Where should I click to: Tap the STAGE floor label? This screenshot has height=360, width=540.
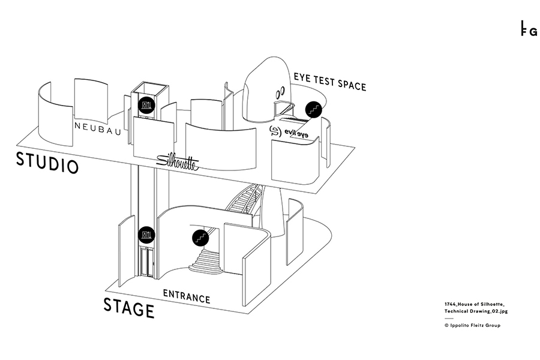coord(128,307)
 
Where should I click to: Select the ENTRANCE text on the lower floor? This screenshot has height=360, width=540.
coord(187,296)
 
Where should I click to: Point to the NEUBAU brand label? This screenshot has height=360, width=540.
coord(95,126)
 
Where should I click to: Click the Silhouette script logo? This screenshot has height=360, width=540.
coord(177,161)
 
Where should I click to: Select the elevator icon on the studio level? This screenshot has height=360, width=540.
coord(146,106)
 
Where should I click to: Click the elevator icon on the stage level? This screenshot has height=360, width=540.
coord(146,235)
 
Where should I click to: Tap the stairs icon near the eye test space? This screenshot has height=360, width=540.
coord(313,109)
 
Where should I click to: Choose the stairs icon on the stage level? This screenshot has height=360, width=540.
coord(200,237)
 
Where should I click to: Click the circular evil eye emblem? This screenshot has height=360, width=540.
coord(275,132)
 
